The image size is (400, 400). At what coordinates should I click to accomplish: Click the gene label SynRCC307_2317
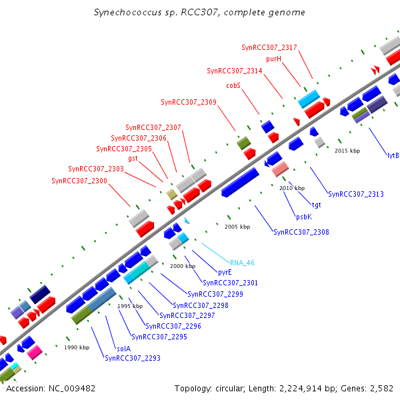tap(269, 47)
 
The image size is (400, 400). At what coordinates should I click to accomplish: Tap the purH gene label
tap(274, 59)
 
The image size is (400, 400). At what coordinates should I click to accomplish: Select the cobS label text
tap(233, 85)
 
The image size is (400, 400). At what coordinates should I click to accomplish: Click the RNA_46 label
tap(242, 263)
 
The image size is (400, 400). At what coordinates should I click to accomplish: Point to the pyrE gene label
tap(225, 273)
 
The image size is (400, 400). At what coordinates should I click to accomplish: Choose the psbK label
tap(303, 217)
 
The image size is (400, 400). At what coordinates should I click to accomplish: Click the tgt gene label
tap(316, 205)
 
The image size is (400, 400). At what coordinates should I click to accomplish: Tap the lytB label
tap(393, 155)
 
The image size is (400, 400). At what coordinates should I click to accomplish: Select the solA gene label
tap(123, 348)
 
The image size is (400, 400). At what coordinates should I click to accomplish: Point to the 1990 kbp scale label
tap(77, 347)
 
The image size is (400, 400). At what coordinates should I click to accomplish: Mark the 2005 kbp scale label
tap(237, 227)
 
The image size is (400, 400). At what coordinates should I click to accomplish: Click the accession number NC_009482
tap(73, 388)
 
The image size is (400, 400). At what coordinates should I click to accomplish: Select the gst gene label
tap(133, 158)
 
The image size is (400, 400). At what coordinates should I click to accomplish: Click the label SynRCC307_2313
tap(356, 194)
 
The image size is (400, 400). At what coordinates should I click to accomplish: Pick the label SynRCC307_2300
tap(79, 181)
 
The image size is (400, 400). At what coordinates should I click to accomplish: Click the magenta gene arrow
tap(35, 351)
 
